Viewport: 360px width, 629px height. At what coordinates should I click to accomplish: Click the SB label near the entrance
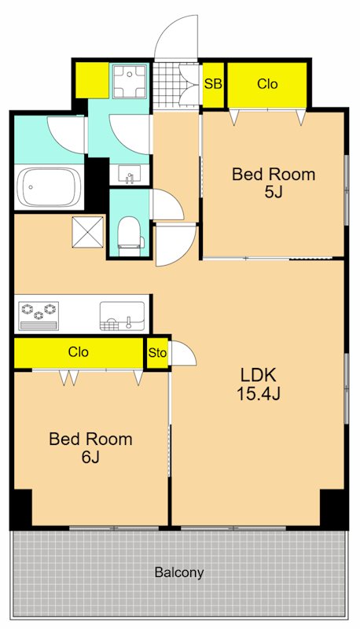click(x=213, y=84)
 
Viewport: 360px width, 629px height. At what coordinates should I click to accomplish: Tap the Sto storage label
click(x=157, y=353)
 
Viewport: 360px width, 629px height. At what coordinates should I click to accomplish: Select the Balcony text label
click(x=179, y=572)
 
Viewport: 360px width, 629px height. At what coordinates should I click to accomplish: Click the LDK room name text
click(x=258, y=376)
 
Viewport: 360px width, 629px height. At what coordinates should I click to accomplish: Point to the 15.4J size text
click(x=258, y=395)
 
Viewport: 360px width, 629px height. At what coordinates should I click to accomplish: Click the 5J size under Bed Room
click(x=274, y=193)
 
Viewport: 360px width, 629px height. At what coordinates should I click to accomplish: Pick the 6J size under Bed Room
click(x=90, y=458)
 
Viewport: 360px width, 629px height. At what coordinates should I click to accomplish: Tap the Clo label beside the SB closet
click(x=267, y=84)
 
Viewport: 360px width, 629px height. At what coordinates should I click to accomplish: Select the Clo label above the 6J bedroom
click(x=78, y=352)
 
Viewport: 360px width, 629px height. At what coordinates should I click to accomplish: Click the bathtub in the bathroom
click(x=50, y=187)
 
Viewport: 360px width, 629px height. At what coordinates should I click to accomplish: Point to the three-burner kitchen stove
click(x=39, y=316)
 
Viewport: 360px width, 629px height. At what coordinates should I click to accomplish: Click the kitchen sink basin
click(x=122, y=316)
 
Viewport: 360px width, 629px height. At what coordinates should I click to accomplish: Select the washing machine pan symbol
click(x=129, y=82)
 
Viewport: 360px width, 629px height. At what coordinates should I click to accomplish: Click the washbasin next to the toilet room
click(x=129, y=174)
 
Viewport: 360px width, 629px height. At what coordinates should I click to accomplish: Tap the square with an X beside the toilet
click(x=88, y=231)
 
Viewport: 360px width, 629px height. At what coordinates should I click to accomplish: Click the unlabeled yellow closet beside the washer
click(x=92, y=80)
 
